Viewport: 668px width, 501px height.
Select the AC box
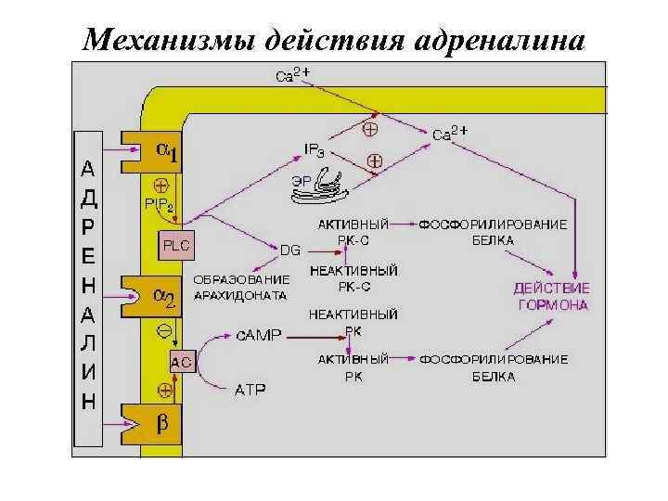(x=181, y=363)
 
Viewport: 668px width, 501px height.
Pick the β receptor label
(x=161, y=425)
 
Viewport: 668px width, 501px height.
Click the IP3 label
(x=315, y=149)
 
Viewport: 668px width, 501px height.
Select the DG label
(x=290, y=250)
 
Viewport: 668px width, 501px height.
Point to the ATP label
(x=248, y=390)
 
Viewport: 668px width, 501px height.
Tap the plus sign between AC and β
(x=163, y=390)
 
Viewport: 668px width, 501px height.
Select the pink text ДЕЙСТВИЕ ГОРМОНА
(x=551, y=296)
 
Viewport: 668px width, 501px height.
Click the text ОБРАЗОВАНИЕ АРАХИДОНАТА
(x=240, y=287)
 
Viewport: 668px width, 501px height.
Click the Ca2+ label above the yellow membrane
(x=293, y=75)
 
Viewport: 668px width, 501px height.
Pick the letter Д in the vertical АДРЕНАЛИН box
(x=87, y=199)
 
